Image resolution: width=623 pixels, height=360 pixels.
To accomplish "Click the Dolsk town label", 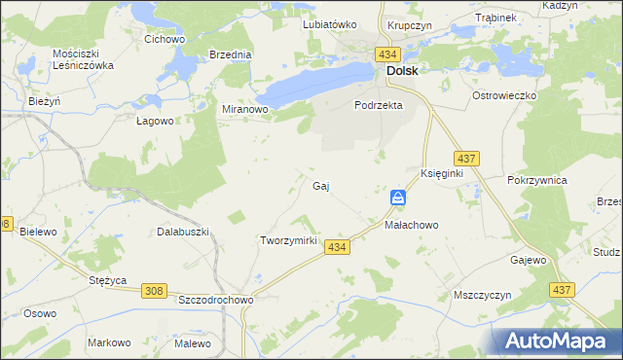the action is (x=403, y=71).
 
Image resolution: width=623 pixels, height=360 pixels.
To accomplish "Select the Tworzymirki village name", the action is (x=289, y=240).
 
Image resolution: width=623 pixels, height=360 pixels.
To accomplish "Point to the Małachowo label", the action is (x=412, y=225).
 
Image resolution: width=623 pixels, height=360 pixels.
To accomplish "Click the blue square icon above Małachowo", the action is (x=398, y=198).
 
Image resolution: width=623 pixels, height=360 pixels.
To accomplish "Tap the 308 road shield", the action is (x=153, y=290).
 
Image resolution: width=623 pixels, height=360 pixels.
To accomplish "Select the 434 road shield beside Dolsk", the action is (x=389, y=54).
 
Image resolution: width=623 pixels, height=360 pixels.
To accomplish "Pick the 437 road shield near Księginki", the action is (x=465, y=158).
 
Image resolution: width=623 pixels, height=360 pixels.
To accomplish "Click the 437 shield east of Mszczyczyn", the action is (x=561, y=290).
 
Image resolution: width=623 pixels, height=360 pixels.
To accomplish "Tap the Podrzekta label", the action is (x=378, y=106).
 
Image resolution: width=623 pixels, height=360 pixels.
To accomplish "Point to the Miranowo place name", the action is (x=245, y=110).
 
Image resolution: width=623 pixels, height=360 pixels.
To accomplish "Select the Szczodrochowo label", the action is (x=216, y=301).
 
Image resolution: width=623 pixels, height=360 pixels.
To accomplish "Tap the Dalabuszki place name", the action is (x=183, y=233).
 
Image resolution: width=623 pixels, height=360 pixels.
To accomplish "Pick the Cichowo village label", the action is (x=165, y=40).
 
